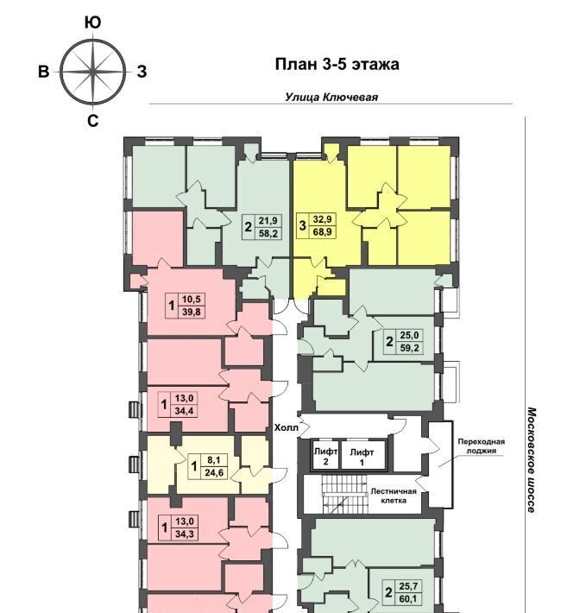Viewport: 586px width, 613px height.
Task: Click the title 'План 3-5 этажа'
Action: pyautogui.click(x=337, y=64)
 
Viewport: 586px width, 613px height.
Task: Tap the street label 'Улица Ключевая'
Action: pyautogui.click(x=331, y=97)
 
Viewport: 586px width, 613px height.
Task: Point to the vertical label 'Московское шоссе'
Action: pyautogui.click(x=532, y=459)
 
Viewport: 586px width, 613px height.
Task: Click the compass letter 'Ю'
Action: pyautogui.click(x=92, y=23)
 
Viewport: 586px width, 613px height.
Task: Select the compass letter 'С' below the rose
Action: pyautogui.click(x=92, y=121)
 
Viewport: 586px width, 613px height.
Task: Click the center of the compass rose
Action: pyautogui.click(x=93, y=72)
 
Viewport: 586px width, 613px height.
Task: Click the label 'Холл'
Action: pyautogui.click(x=286, y=427)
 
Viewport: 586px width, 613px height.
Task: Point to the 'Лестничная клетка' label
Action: pyautogui.click(x=394, y=496)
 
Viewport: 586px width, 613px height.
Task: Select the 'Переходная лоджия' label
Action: pyautogui.click(x=482, y=446)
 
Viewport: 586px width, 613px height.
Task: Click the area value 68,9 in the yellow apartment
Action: pyautogui.click(x=322, y=232)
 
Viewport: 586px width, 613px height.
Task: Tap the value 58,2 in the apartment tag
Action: pyautogui.click(x=268, y=234)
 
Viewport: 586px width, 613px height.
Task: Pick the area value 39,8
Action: pyautogui.click(x=192, y=312)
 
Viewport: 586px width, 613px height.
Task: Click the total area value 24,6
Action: pyautogui.click(x=214, y=472)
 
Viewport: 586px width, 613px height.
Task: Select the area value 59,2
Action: pyautogui.click(x=409, y=348)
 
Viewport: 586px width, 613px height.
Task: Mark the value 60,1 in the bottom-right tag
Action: pyautogui.click(x=408, y=598)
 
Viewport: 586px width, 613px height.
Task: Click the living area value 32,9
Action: pyautogui.click(x=322, y=219)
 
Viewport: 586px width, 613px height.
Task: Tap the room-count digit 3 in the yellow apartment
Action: pyautogui.click(x=302, y=225)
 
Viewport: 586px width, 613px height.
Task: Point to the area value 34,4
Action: pyautogui.click(x=185, y=410)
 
